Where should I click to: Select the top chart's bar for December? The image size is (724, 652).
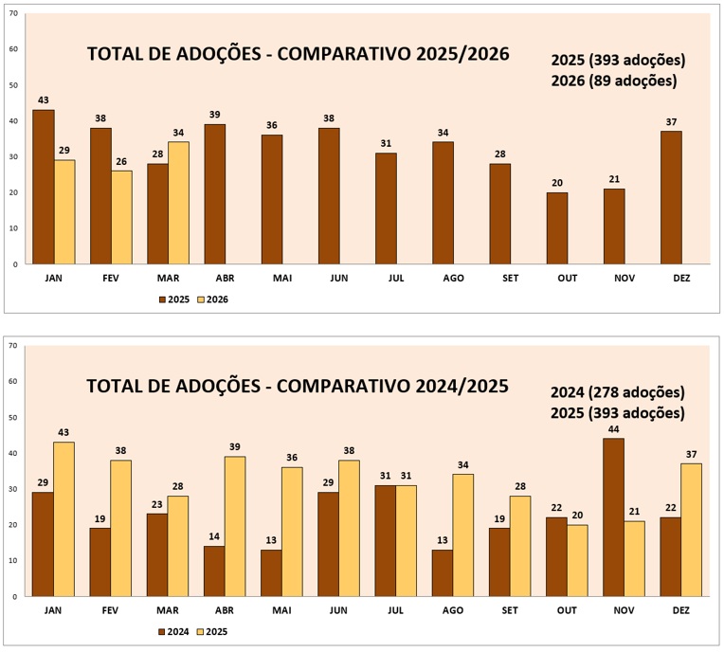(x=670, y=197)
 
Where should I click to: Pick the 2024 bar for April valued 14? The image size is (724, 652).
(x=214, y=570)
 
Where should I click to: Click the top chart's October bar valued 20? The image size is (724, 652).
(x=557, y=227)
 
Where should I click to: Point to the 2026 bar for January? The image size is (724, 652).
(x=64, y=211)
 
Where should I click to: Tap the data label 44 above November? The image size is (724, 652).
(x=613, y=429)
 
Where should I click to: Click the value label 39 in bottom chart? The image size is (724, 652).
(x=235, y=447)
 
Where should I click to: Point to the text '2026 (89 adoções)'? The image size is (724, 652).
(x=613, y=81)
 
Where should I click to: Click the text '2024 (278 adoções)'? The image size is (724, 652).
(x=618, y=392)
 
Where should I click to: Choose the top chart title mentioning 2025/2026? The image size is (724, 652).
(x=298, y=54)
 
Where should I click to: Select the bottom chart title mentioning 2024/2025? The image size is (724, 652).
(x=298, y=387)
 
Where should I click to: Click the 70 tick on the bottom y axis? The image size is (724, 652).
(x=12, y=346)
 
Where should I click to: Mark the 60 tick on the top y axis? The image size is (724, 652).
(x=12, y=49)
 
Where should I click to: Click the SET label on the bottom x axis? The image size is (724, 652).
(x=501, y=612)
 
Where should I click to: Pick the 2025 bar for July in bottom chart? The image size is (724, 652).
(x=407, y=540)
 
